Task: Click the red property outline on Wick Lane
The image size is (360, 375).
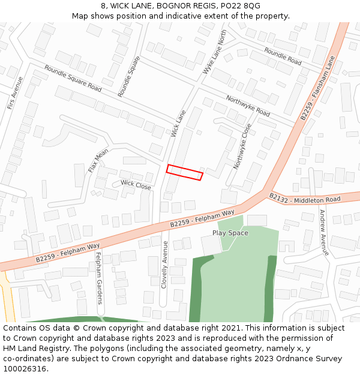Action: click(184, 172)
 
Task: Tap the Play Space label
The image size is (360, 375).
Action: click(230, 233)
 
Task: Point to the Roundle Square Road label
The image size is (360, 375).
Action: click(73, 78)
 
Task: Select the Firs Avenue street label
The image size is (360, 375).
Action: click(14, 93)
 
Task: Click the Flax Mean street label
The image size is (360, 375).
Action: click(98, 161)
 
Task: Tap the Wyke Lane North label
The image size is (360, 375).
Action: click(215, 52)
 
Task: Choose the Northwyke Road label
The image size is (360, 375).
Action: click(248, 106)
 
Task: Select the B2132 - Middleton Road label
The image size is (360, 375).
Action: click(304, 198)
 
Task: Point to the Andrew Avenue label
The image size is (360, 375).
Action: click(324, 233)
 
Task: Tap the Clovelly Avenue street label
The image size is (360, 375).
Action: click(164, 265)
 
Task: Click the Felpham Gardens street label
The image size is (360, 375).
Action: click(99, 278)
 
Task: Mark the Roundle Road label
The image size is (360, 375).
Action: click(283, 57)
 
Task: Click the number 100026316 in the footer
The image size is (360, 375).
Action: click(25, 368)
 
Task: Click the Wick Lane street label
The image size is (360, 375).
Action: click(178, 123)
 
